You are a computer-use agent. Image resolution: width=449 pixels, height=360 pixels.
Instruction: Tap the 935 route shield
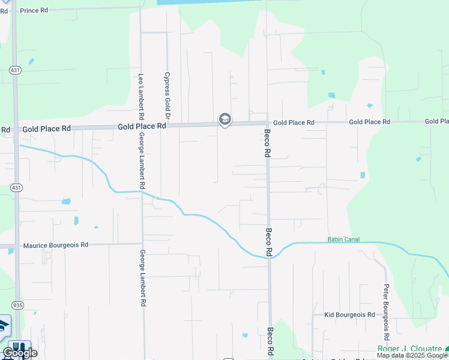[x=17, y=305]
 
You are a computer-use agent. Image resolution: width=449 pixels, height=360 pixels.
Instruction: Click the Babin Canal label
[x=343, y=239]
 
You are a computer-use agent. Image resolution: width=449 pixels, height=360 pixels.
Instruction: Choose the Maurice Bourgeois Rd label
[x=56, y=245]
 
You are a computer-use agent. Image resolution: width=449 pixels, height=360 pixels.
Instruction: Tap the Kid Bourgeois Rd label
[x=349, y=314]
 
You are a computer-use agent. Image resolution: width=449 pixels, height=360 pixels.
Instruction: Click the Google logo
[x=20, y=353]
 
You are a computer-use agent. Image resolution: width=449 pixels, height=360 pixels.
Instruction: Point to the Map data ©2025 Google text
[x=412, y=356]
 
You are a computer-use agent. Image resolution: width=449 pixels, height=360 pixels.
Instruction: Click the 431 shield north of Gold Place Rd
[x=14, y=71]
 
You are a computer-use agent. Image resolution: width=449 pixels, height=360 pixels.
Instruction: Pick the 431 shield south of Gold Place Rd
[x=16, y=188]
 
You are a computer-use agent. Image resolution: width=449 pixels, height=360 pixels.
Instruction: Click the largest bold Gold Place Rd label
[x=142, y=127]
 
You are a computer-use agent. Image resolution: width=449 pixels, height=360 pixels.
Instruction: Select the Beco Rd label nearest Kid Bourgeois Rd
[x=270, y=341]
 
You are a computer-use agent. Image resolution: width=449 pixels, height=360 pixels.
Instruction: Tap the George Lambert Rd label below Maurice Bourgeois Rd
[x=143, y=278]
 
